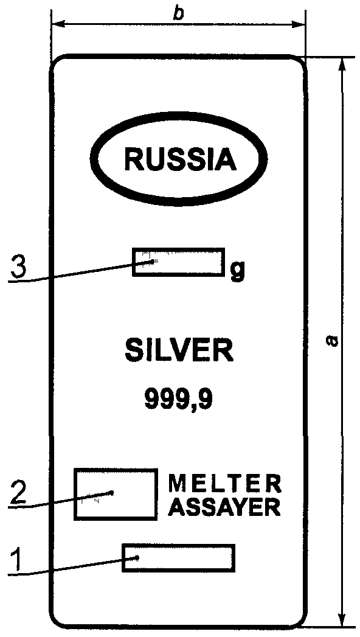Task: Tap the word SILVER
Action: (179, 351)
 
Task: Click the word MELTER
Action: (224, 484)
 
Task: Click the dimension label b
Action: (178, 13)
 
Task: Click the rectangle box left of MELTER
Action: (116, 494)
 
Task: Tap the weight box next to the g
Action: (178, 262)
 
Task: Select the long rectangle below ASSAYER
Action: (179, 557)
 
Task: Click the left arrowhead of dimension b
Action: (58, 24)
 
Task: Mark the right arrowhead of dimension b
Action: (299, 24)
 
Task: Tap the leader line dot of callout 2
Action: (112, 493)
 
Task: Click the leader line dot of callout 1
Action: (138, 557)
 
